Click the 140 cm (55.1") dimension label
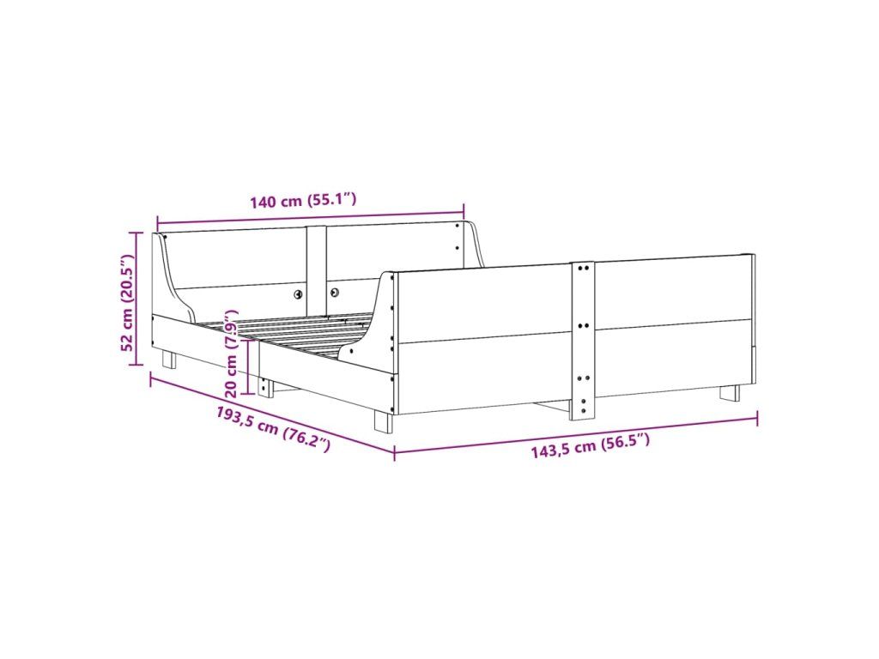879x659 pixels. [303, 200]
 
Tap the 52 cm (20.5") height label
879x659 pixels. [127, 302]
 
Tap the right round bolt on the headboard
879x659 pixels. [335, 292]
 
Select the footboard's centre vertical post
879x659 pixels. [583, 341]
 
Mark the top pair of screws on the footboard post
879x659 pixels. [583, 269]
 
